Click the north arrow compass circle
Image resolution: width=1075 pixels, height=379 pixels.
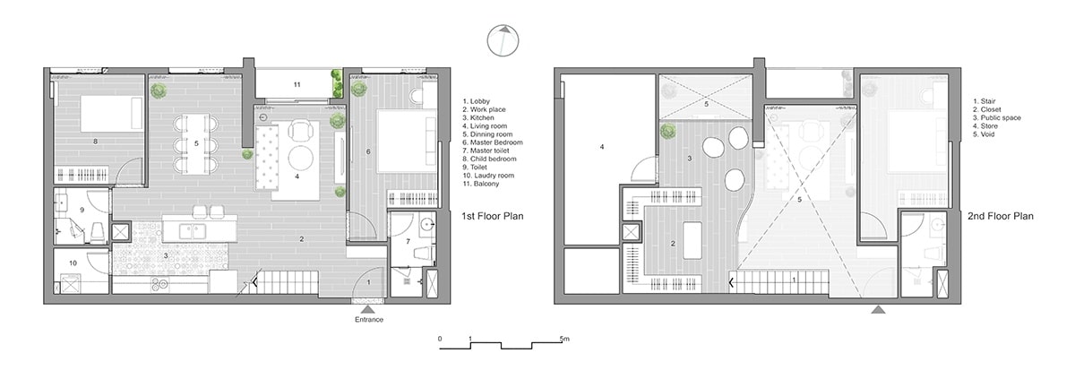(503, 41)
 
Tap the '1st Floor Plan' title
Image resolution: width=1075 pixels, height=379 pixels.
(492, 217)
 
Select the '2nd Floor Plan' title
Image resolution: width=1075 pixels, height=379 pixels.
(1001, 217)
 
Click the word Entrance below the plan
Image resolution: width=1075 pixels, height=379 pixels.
(369, 320)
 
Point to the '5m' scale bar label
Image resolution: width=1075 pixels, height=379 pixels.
(564, 339)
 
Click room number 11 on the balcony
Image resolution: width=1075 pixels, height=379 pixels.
(296, 84)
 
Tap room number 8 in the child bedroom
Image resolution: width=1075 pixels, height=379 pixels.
(95, 141)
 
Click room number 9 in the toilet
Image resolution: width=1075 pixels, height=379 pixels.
(81, 210)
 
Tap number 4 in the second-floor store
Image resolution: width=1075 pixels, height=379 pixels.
(602, 146)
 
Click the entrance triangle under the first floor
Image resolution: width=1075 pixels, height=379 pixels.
(369, 309)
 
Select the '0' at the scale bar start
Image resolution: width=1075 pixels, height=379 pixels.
(440, 339)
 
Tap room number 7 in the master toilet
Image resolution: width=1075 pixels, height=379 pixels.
(407, 242)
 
